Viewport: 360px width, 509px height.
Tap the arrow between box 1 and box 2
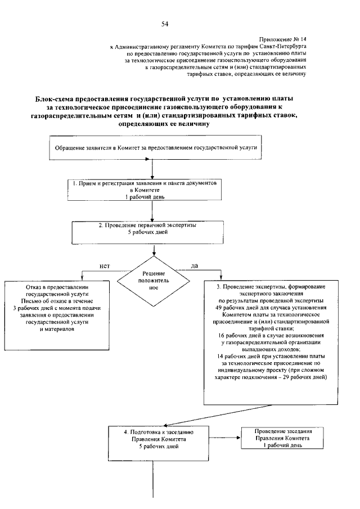[151, 211]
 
